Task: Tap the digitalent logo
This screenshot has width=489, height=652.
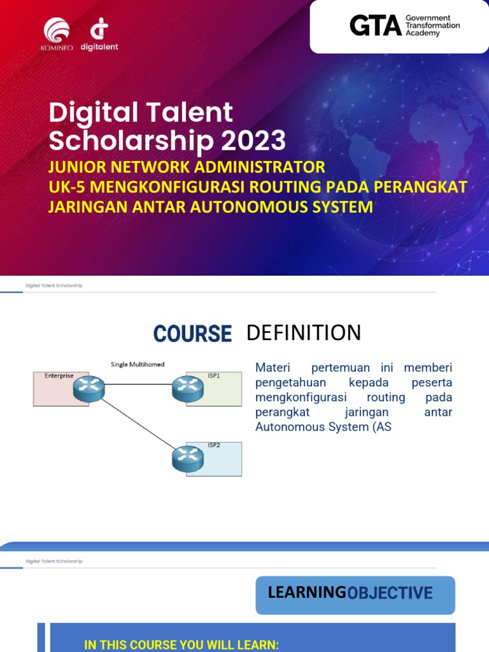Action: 99,34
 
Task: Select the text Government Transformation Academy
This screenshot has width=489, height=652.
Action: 432,25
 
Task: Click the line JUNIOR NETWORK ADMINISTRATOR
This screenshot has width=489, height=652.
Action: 187,167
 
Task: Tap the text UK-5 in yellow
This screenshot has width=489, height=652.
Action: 67,187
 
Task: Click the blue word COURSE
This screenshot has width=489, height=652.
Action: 192,334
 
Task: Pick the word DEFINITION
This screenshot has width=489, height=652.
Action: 303,332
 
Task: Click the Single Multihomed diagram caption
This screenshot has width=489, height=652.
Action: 138,364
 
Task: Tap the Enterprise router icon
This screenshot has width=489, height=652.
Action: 89,385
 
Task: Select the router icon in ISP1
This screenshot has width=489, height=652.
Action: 187,385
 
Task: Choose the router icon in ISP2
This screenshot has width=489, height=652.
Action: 187,457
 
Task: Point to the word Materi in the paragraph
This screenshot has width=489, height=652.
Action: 272,368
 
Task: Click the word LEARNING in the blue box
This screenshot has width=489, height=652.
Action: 306,593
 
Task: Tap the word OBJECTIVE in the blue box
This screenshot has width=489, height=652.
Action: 390,593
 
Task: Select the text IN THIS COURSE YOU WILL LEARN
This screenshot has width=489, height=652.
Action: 181,645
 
